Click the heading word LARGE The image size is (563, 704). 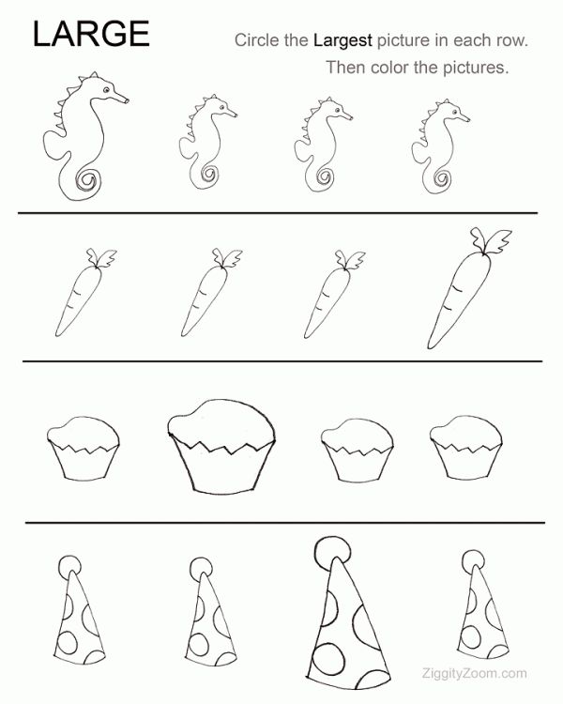[91, 34]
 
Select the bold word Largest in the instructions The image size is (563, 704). [342, 41]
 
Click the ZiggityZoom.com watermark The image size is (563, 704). [474, 673]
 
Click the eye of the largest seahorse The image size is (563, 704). [106, 90]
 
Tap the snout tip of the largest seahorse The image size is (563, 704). [128, 100]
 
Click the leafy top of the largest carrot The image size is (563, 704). [490, 241]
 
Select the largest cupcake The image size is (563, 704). [221, 446]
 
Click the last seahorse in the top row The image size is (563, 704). [439, 145]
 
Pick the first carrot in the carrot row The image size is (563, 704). [85, 292]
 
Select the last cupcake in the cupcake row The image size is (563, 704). [465, 447]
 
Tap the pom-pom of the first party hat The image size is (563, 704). [69, 566]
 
